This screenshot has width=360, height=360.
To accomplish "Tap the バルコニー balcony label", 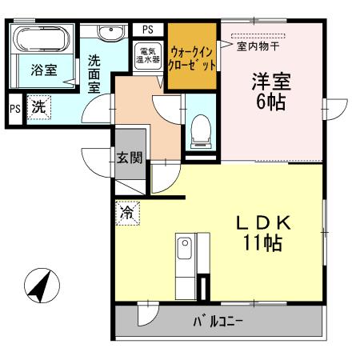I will (218, 324).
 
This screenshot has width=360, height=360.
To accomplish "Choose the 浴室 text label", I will (44, 70).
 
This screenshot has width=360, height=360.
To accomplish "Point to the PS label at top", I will (148, 30).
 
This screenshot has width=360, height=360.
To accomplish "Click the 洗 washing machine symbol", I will (38, 106).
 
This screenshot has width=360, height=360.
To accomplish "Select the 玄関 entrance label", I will (130, 157).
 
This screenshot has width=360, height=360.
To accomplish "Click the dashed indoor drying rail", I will (258, 34).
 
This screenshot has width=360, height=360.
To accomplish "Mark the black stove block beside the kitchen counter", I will (204, 286).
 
